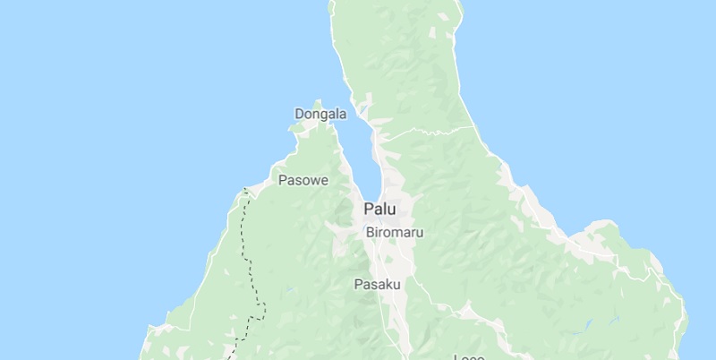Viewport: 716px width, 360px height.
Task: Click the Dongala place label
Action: click(320, 115)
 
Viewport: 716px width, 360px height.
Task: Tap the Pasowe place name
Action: click(303, 180)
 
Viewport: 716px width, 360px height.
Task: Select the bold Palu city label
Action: click(379, 210)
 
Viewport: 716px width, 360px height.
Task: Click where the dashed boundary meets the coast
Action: click(244, 190)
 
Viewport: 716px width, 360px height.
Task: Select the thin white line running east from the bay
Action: click(430, 130)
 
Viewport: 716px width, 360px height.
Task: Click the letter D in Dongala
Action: click(299, 115)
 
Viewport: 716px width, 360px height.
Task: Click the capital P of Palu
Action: click(368, 210)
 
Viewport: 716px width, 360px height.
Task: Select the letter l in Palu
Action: click(385, 210)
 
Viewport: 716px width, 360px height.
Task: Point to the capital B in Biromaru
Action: click(371, 232)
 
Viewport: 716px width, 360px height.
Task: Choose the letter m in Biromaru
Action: click(400, 233)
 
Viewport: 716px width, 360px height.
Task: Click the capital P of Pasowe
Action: click(283, 180)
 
